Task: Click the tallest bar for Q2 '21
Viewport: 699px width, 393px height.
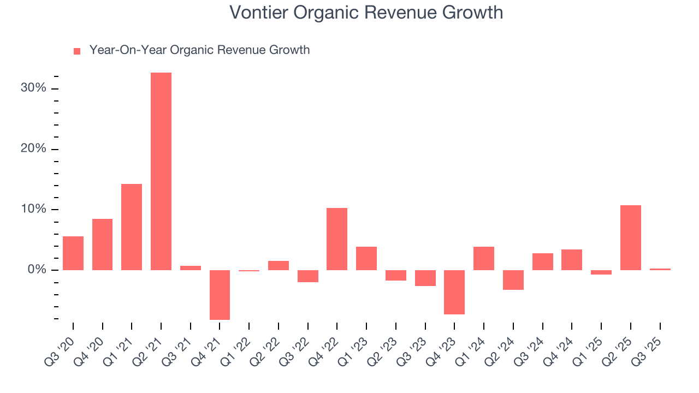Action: pos(161,171)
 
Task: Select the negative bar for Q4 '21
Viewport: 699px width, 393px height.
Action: pos(220,295)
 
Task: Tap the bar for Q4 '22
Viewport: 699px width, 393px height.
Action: pos(337,239)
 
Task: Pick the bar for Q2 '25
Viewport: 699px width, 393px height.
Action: pos(631,237)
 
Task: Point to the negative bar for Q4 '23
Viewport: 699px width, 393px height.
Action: pos(454,292)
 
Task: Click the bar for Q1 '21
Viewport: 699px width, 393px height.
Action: pos(132,227)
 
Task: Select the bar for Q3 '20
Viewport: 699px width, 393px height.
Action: pos(73,253)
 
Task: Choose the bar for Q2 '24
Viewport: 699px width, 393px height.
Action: pos(513,280)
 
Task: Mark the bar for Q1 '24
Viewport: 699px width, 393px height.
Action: pos(484,258)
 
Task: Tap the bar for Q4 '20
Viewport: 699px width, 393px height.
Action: pos(103,245)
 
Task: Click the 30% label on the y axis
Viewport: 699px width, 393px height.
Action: pos(34,89)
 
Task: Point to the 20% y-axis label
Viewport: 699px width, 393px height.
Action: pos(34,150)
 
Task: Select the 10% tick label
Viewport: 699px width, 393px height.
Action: pos(34,210)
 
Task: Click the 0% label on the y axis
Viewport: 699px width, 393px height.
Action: pos(37,270)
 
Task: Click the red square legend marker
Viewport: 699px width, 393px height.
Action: pos(77,51)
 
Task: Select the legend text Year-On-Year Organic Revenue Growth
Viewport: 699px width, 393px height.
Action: pos(199,50)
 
